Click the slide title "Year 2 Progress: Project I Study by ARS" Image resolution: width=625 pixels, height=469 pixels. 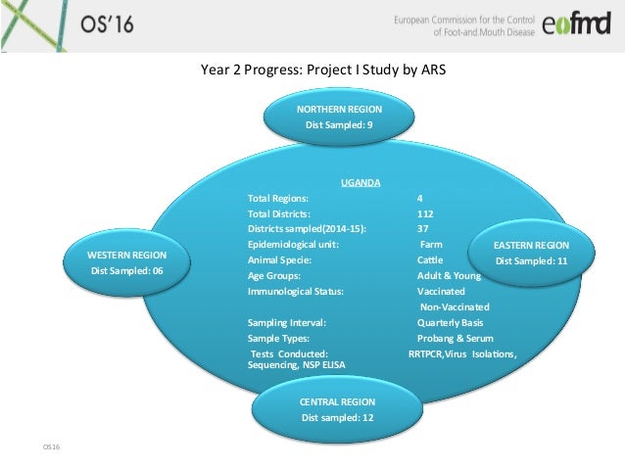tap(322, 70)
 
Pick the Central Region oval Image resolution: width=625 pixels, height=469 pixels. tap(337, 409)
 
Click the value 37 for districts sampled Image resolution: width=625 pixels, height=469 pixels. tap(422, 228)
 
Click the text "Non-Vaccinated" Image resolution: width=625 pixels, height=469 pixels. tap(454, 306)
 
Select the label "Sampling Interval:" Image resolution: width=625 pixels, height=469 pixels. tap(287, 322)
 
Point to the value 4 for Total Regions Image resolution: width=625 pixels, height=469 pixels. tap(420, 197)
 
